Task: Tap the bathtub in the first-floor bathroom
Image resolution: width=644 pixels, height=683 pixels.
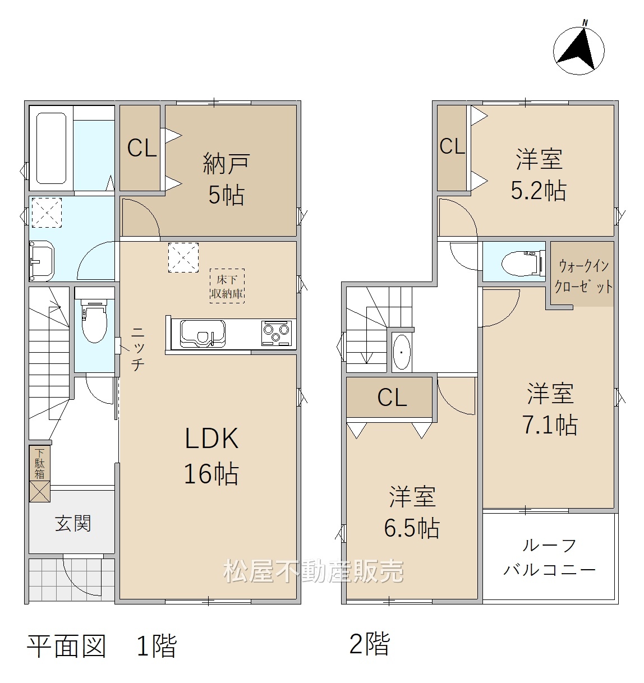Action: click(x=51, y=148)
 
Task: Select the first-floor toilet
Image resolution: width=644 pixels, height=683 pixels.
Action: click(x=94, y=321)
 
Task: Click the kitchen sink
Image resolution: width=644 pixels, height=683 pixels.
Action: click(x=203, y=334)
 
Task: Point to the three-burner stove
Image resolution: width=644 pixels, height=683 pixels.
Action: click(x=277, y=333)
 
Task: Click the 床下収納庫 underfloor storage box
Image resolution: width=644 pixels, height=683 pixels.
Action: click(x=227, y=286)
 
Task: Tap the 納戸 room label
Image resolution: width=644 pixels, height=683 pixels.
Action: click(x=226, y=164)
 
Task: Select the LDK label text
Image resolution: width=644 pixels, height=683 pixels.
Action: click(x=211, y=438)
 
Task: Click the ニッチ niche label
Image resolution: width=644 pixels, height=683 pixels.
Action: click(x=137, y=349)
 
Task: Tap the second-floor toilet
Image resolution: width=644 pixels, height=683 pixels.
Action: click(x=523, y=264)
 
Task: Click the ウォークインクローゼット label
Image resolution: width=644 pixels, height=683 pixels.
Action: click(x=583, y=276)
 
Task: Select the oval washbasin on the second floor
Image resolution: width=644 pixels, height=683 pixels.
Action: click(x=401, y=352)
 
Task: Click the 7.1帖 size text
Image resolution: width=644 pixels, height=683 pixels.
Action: click(x=550, y=425)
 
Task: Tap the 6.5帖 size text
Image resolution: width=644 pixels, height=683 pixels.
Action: click(x=412, y=528)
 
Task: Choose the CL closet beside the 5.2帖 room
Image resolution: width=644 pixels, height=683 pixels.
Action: click(x=452, y=147)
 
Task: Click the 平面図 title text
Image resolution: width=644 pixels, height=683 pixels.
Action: click(x=66, y=646)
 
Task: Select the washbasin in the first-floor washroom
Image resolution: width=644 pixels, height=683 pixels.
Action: click(x=42, y=261)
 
